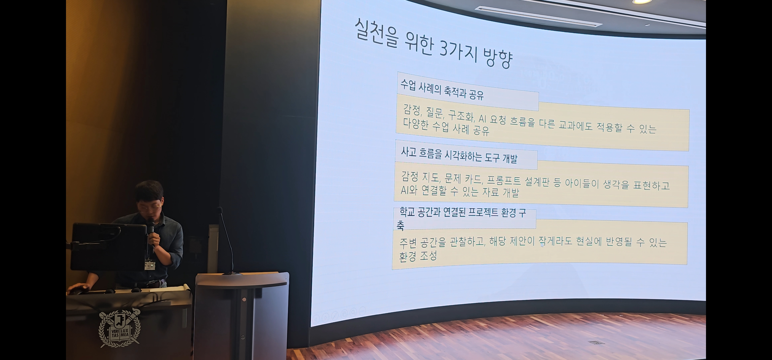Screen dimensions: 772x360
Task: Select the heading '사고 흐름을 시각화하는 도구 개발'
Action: coord(459,155)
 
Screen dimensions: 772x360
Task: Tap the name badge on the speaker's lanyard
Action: coord(149,265)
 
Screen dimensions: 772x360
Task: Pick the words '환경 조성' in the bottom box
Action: coord(418,256)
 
